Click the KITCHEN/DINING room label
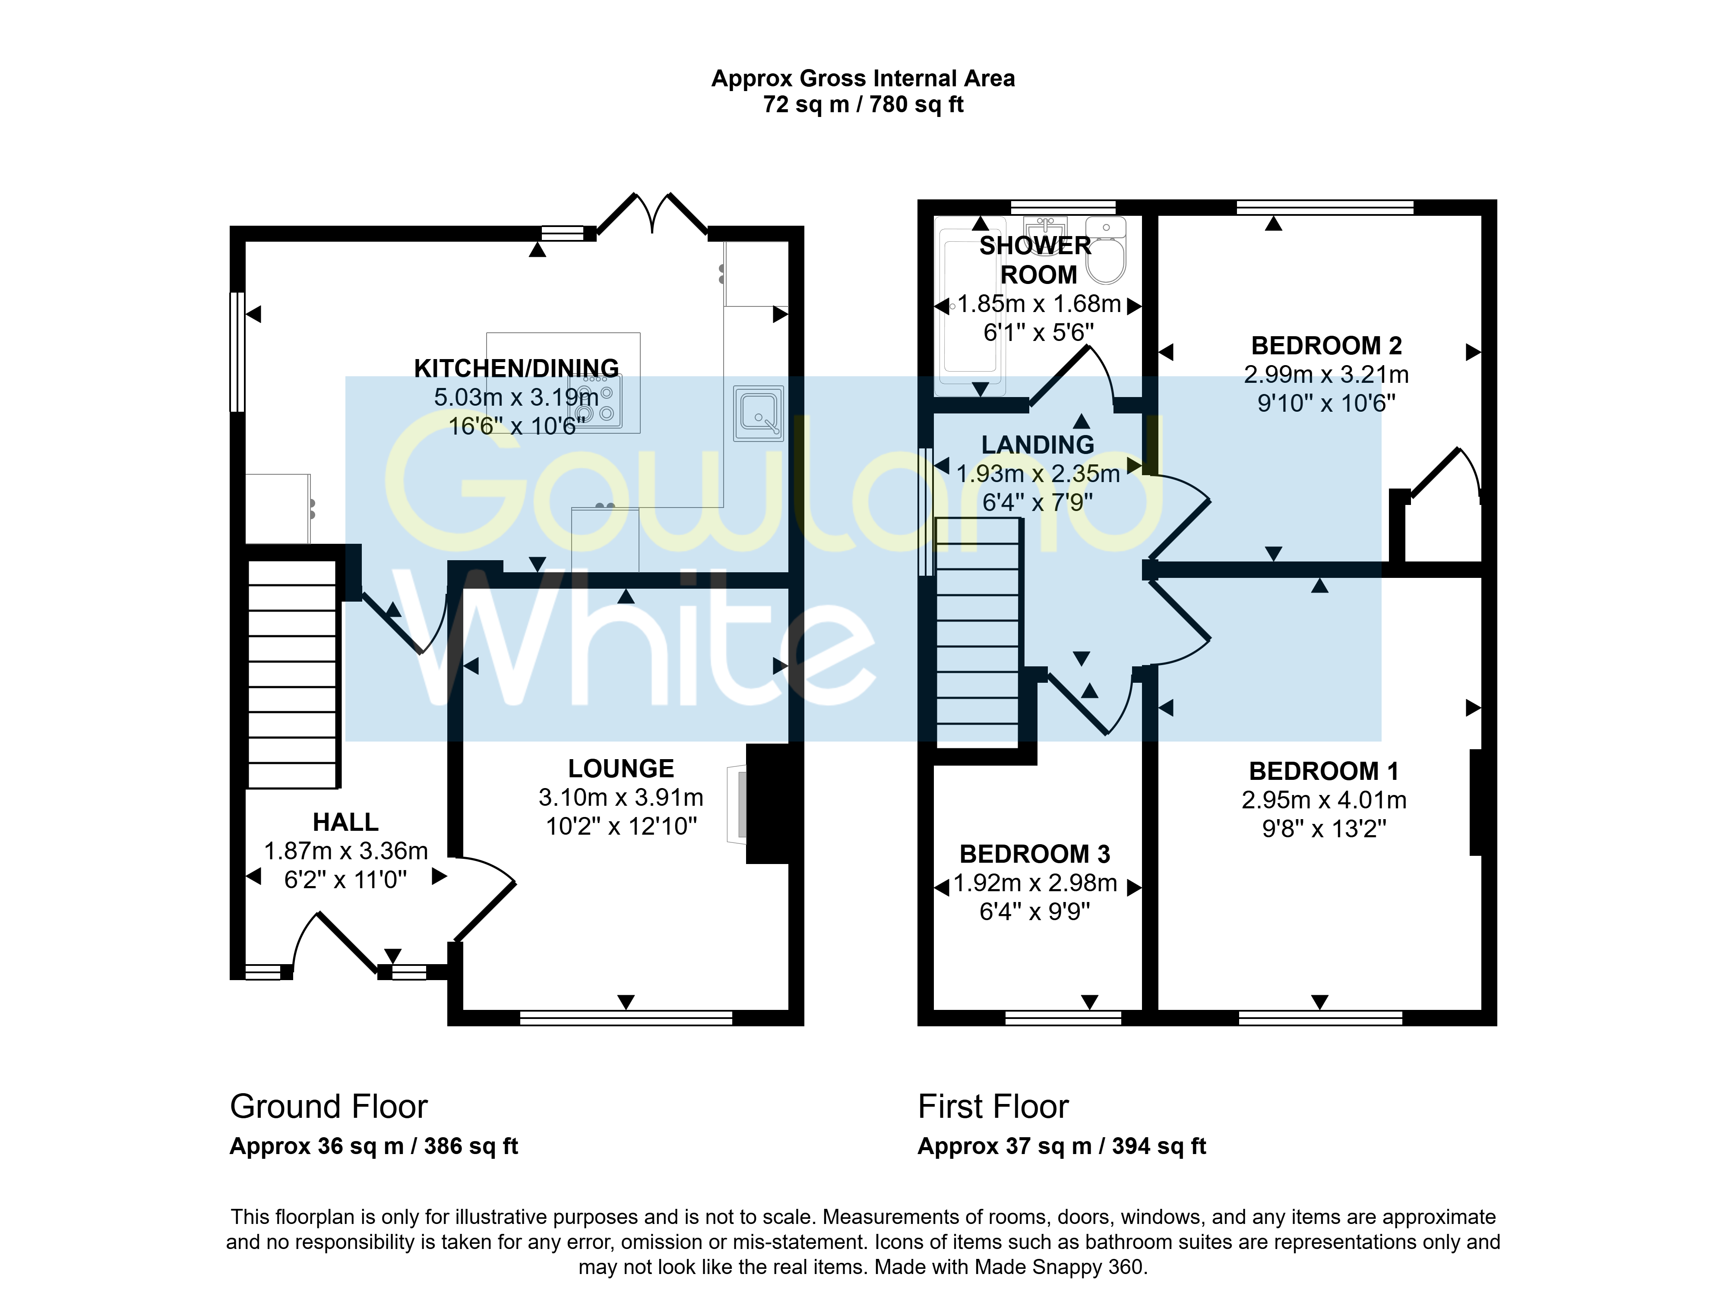tap(516, 368)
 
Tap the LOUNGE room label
tap(621, 769)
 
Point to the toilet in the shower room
tap(1106, 250)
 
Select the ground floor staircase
tap(292, 675)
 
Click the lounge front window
tap(626, 1018)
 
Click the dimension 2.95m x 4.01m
tap(1324, 800)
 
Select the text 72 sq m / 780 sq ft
tap(863, 104)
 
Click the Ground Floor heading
tap(329, 1107)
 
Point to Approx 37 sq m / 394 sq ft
tap(1062, 1146)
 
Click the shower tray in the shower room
tap(970, 306)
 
